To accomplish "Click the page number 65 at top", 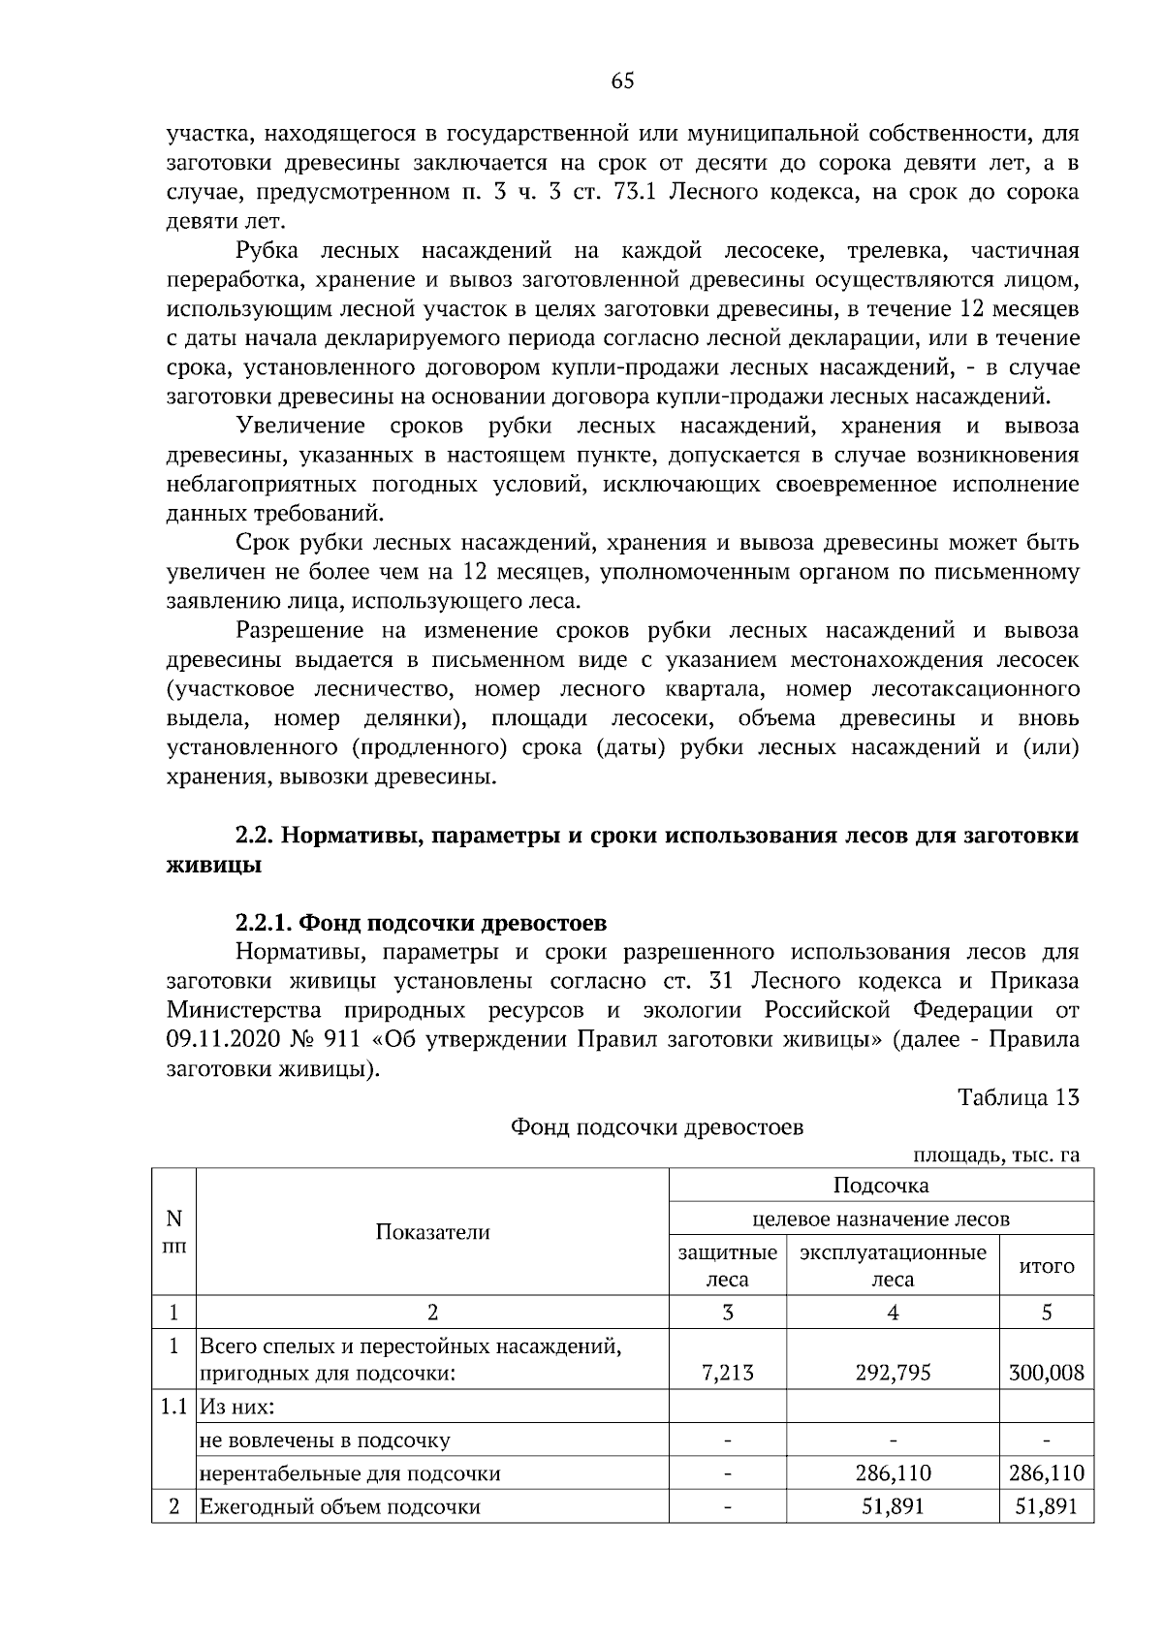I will tap(622, 81).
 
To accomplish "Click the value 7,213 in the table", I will tap(727, 1372).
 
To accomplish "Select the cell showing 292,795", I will tap(893, 1372).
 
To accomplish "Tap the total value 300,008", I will tap(1046, 1372).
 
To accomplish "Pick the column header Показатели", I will tap(432, 1231).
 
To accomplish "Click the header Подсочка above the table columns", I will tap(881, 1185).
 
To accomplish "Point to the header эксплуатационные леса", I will tap(893, 1265).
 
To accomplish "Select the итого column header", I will tap(1047, 1266).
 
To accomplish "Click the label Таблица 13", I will tap(1018, 1097).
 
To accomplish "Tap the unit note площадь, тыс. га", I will tap(995, 1155).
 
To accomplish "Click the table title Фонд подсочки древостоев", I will tap(657, 1126).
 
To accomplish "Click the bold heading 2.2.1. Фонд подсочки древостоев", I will tap(422, 920).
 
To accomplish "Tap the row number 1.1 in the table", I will tap(173, 1406).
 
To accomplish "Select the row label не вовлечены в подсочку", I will tap(325, 1440).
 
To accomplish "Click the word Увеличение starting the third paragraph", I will tap(300, 426).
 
